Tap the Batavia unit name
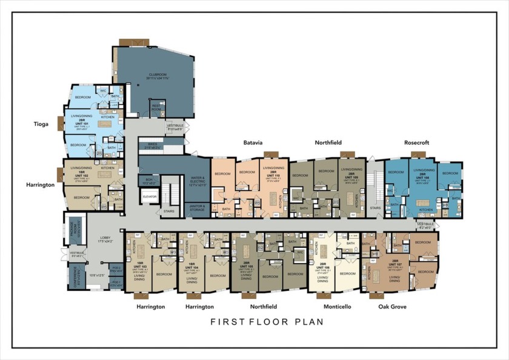[253, 143]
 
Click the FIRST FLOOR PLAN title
[267, 322]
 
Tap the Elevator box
[149, 197]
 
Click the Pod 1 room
[117, 282]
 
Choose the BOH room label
[149, 180]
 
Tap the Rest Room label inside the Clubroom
[156, 108]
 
